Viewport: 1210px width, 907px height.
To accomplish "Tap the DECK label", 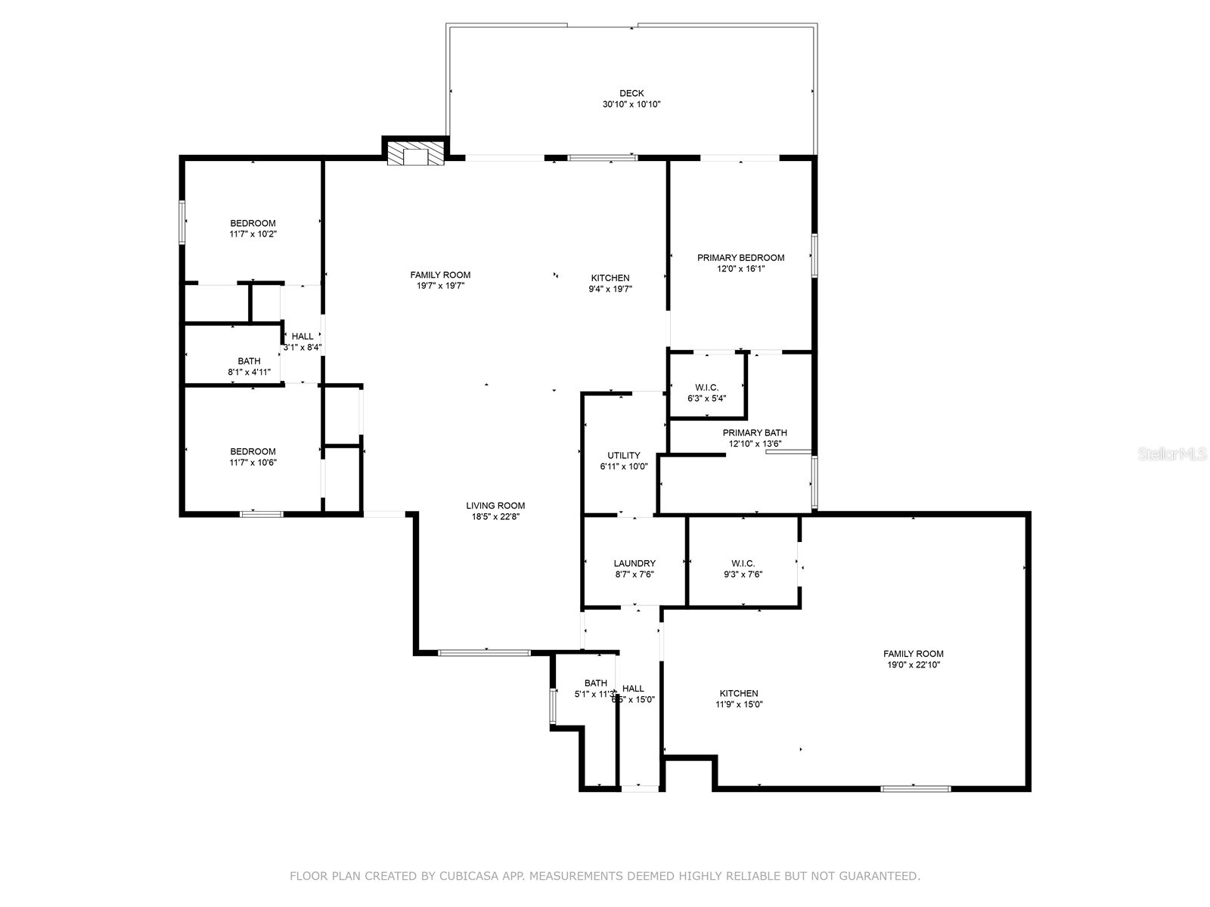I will pos(631,94).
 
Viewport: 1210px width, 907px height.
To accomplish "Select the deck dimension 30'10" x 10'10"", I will pos(631,105).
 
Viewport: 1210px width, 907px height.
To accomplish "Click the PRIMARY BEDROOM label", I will pos(740,258).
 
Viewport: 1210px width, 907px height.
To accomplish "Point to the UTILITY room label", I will pos(624,456).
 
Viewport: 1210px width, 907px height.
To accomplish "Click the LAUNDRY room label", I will pos(634,563).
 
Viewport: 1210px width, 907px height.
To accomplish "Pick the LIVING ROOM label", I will pos(495,506).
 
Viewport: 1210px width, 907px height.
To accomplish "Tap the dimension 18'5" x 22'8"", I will pos(495,517).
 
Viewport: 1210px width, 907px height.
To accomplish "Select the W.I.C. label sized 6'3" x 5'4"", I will pos(707,388).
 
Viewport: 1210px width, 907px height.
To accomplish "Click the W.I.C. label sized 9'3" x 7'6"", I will pos(743,563).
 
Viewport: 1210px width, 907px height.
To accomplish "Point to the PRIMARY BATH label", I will pos(755,433).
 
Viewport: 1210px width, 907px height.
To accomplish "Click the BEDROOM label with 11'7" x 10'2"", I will pos(253,223).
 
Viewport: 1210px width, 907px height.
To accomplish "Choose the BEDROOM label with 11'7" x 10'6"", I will pos(253,451).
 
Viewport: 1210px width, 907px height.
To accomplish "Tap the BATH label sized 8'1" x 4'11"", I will pos(249,361).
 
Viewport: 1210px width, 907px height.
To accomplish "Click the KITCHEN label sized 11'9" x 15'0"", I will pos(739,693).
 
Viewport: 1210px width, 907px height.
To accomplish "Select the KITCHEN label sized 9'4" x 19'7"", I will pos(610,277).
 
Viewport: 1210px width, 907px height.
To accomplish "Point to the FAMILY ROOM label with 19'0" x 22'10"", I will pos(914,654).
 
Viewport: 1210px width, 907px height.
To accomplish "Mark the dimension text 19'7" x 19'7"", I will pos(440,286).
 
